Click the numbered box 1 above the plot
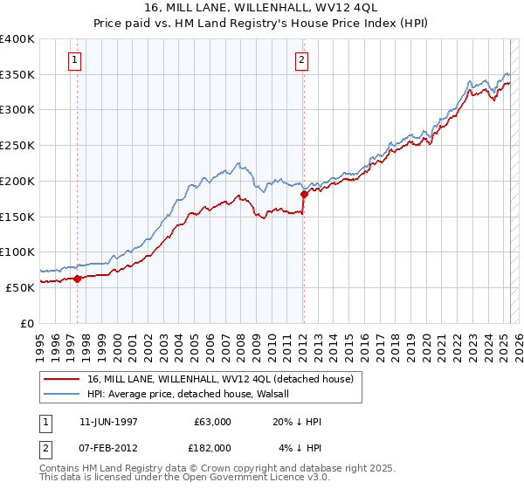click(75, 60)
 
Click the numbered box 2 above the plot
click(301, 60)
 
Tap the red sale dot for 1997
click(77, 279)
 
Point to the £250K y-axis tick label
click(17, 146)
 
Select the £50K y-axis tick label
click(20, 287)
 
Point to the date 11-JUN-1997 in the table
click(108, 422)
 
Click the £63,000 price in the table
click(212, 422)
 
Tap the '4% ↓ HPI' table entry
click(300, 448)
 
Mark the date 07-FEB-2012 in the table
click(108, 448)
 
